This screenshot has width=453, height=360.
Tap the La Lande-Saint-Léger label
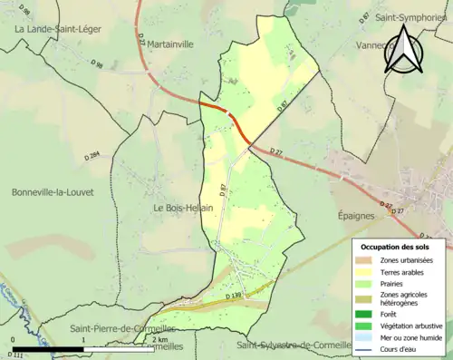click(x=58, y=29)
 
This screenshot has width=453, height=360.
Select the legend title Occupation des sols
click(x=395, y=247)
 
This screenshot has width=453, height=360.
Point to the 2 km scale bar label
click(x=159, y=340)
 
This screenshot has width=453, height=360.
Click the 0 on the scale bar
click(x=15, y=340)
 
